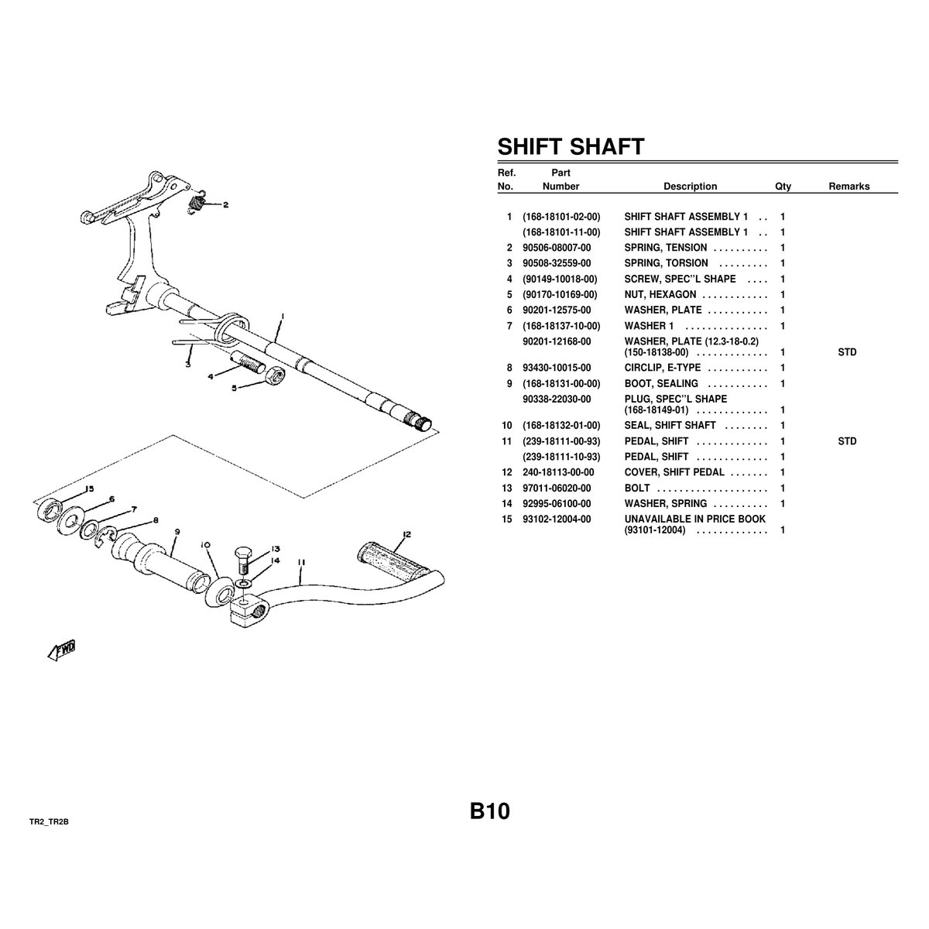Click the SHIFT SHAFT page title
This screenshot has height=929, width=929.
point(571,146)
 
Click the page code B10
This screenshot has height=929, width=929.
point(489,811)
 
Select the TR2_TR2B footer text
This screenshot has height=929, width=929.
point(49,822)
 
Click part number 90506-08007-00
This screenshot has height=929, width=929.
point(557,248)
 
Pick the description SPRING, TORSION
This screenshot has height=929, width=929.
point(666,263)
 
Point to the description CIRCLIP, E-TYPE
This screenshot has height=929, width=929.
point(663,368)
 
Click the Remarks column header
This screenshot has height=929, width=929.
point(849,186)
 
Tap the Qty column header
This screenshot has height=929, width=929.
point(783,187)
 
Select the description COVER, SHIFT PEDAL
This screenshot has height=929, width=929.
point(674,472)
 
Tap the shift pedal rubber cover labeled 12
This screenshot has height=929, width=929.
point(393,561)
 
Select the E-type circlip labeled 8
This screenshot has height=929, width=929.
point(106,536)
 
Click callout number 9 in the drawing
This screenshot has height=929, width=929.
point(177,532)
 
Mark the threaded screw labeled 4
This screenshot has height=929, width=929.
point(249,361)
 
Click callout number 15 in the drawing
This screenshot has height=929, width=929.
point(89,488)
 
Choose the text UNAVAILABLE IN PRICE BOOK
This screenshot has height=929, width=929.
point(694,519)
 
